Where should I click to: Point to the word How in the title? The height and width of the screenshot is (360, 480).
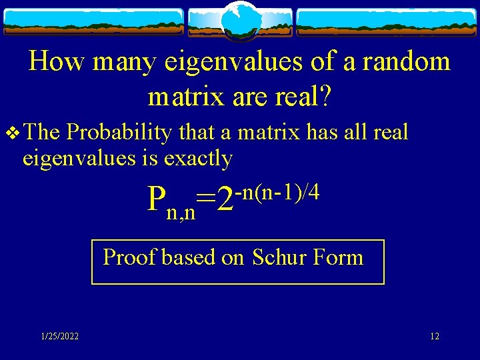click(59, 62)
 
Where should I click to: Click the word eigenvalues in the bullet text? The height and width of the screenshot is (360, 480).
click(80, 159)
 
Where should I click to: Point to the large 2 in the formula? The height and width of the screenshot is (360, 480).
click(226, 199)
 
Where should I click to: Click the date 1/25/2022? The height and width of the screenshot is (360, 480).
click(59, 337)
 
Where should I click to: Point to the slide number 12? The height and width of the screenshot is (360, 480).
click(434, 337)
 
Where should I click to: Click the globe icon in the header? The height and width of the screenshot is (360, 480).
click(239, 20)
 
